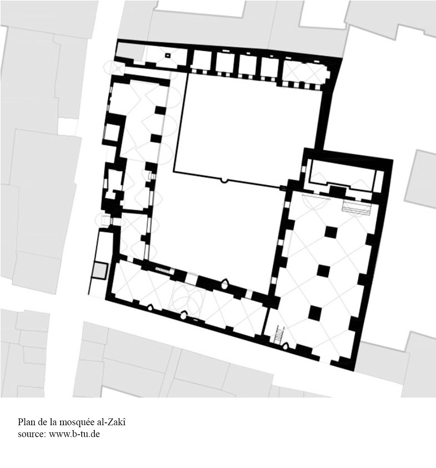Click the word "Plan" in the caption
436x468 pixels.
(25, 422)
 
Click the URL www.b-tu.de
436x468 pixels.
(75, 434)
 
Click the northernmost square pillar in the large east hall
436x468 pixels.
(331, 232)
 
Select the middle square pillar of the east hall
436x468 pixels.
(323, 271)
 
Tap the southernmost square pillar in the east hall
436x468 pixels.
(315, 312)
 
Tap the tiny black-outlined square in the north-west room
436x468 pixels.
(168, 55)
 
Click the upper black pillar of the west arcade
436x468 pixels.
(160, 110)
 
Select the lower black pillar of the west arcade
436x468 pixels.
(156, 138)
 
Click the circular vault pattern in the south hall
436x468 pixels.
(187, 296)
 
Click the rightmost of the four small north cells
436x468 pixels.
(270, 67)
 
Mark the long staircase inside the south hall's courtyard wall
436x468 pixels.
(164, 270)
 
